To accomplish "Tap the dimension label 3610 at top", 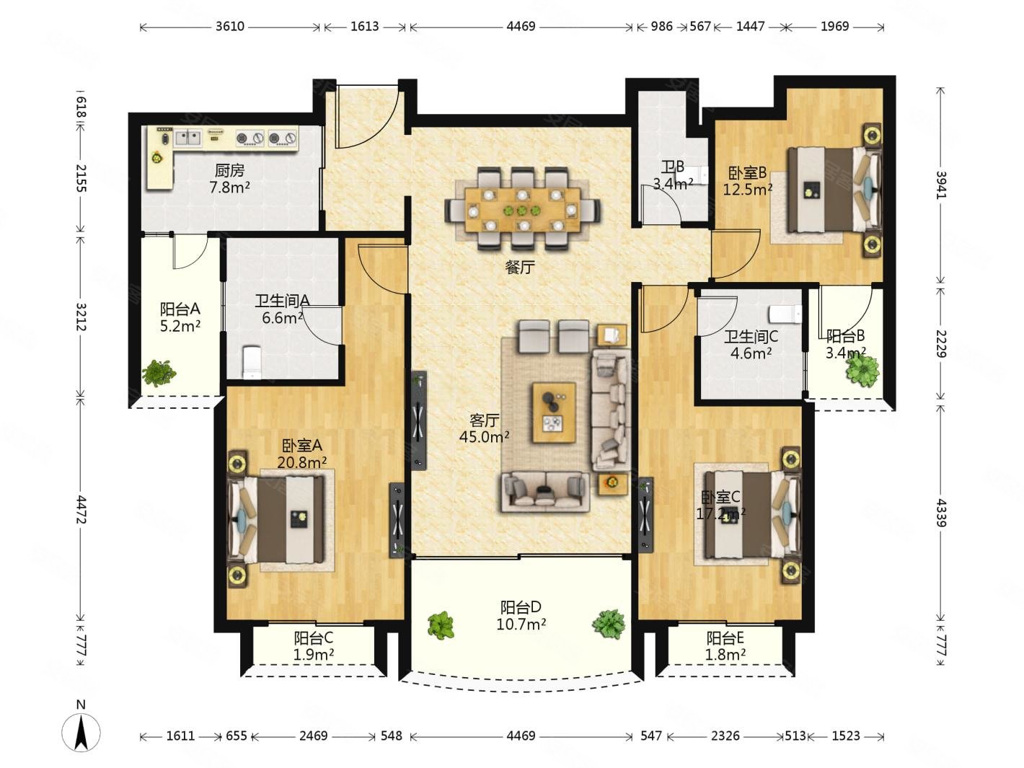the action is coord(229,26).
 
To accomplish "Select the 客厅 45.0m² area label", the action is coord(484,428).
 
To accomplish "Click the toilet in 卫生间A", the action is coord(252,362).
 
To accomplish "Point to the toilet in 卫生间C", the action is coord(785,314).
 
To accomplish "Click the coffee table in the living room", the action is coord(554,412).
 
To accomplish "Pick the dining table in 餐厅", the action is coord(523,209).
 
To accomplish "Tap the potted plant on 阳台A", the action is coord(159,373).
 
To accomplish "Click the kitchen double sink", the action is coord(187,138).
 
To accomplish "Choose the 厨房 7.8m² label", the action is coord(229,179).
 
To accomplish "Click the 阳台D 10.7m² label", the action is coord(521,616).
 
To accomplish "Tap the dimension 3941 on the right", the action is coord(941,185).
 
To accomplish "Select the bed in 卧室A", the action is coord(275,518).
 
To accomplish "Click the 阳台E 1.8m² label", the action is coord(725,646).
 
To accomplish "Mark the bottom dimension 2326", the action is coord(725,736).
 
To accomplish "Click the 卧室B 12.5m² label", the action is coord(747,181).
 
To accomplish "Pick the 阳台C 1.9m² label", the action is coord(313,646).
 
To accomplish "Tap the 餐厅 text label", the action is coord(520,268).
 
